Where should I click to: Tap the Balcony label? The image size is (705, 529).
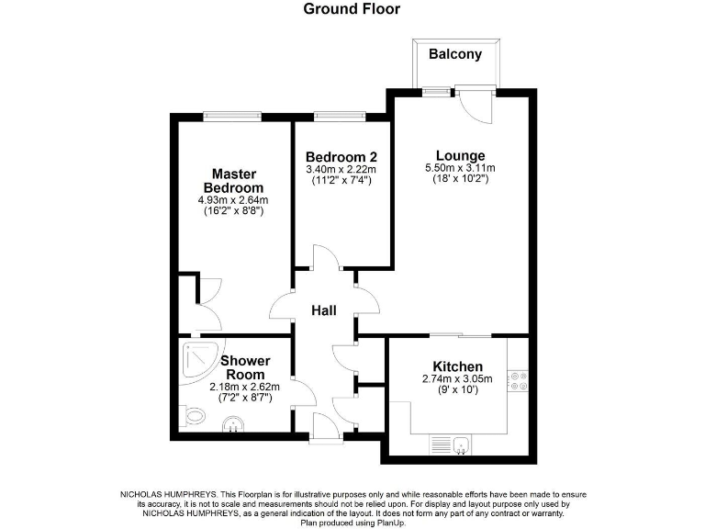(x=455, y=54)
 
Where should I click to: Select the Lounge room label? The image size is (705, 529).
(x=461, y=155)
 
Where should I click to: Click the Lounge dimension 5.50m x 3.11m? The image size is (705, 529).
(x=461, y=168)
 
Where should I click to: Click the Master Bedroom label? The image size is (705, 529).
(x=233, y=181)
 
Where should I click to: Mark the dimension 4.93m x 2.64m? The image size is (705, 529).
(x=233, y=199)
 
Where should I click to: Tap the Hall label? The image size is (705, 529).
(x=322, y=311)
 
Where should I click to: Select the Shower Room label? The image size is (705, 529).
(x=244, y=367)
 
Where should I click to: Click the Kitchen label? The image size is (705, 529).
(x=457, y=366)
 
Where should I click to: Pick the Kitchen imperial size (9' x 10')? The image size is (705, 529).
(x=457, y=390)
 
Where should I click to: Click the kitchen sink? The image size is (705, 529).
(x=464, y=445)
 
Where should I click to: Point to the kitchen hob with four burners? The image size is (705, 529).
(x=520, y=380)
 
